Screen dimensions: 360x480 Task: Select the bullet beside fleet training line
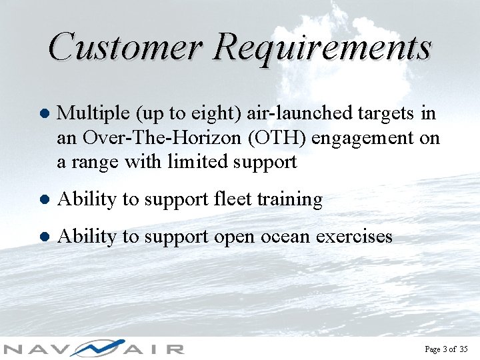[x=43, y=199]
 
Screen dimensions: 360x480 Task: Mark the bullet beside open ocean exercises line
[x=43, y=237]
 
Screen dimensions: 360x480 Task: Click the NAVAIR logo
[x=93, y=348]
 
